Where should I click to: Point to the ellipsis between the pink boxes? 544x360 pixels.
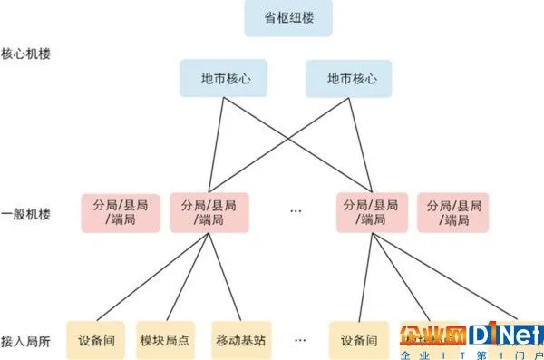coord(295,212)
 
